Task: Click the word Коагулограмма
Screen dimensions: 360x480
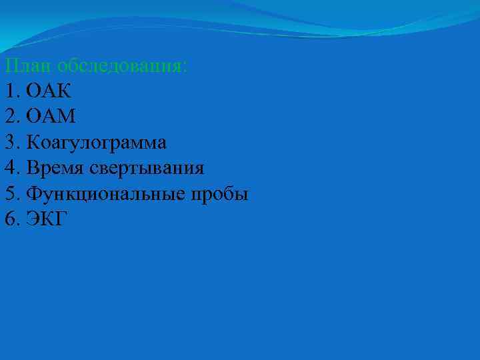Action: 97,142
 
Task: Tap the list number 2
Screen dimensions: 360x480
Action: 9,117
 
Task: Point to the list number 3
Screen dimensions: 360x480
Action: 9,142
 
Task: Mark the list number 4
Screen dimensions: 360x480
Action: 9,167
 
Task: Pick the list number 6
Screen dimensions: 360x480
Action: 9,219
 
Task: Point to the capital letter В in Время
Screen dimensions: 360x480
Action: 33,167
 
